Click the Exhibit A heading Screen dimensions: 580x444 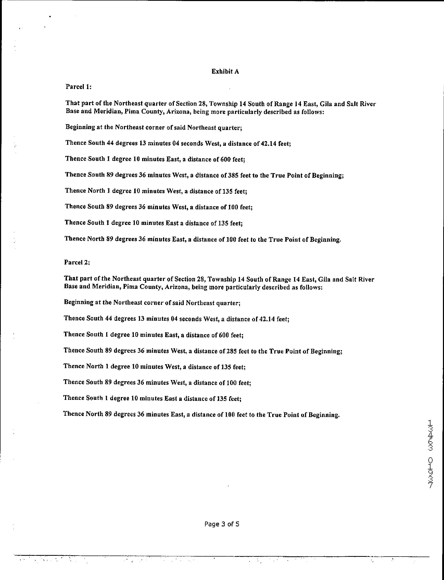click(225, 72)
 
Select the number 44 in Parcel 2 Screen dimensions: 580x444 click(109, 318)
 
